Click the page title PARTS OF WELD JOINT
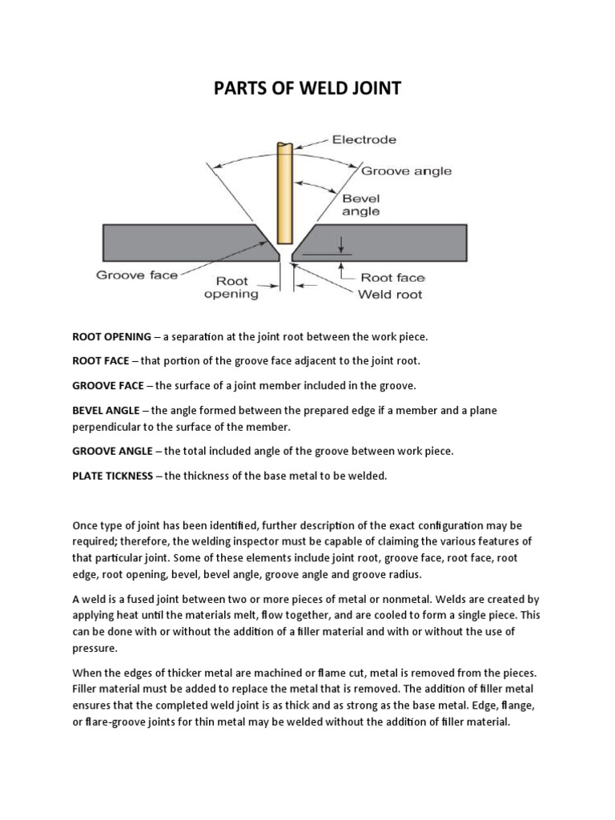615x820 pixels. tap(307, 88)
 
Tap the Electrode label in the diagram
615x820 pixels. tap(364, 139)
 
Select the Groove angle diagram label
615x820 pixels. tap(406, 171)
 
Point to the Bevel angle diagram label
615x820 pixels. tap(361, 205)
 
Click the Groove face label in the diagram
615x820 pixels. tap(137, 275)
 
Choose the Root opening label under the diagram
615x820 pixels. tap(231, 287)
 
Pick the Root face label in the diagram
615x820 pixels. tap(392, 278)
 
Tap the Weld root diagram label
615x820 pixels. tap(391, 294)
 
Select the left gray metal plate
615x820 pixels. tap(176, 241)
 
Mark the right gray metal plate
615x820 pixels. tap(384, 241)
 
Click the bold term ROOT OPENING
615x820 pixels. tap(111, 336)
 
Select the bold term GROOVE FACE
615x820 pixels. tap(108, 385)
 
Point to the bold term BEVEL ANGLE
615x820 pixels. tap(107, 410)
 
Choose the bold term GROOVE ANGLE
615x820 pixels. tap(111, 451)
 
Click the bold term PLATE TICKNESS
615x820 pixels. tap(112, 476)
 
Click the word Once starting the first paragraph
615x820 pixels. tap(86, 525)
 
